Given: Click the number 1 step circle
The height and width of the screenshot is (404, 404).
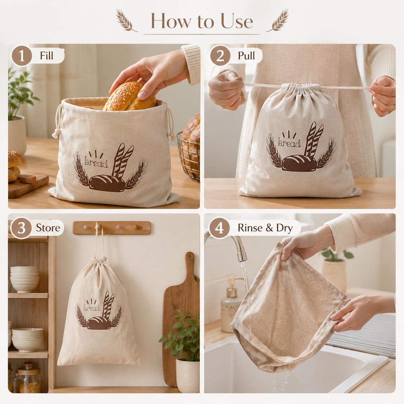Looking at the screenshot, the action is tap(22, 56).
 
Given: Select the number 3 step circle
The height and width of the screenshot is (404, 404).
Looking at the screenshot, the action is tap(21, 228).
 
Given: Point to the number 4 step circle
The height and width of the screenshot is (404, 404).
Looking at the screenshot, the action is tap(219, 228).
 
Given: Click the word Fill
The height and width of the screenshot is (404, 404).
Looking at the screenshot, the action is tap(46, 56).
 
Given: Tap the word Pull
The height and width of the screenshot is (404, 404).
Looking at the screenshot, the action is tap(246, 56).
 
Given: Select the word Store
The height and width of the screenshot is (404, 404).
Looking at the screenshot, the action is tap(48, 228).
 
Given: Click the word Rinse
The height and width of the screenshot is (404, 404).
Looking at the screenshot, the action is tap(250, 228).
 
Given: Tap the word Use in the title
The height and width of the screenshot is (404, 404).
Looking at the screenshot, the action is tap(237, 21).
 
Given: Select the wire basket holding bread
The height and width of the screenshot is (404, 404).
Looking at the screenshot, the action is tap(188, 156).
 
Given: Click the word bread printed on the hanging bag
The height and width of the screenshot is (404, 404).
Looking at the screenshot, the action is tap(91, 308).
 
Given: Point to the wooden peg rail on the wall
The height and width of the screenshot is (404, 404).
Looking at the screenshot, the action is tap(112, 227).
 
